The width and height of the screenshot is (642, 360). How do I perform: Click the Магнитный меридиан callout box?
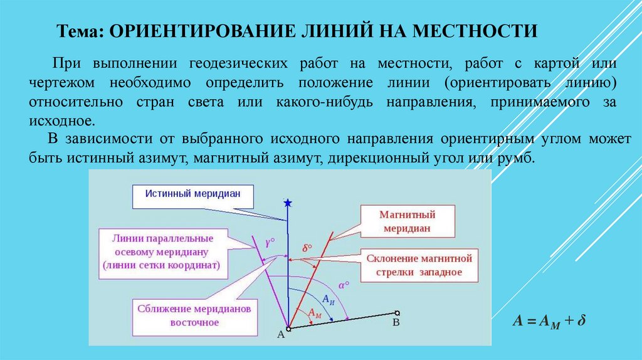pyautogui.click(x=407, y=221)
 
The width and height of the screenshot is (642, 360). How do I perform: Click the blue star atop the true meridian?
pyautogui.click(x=288, y=203)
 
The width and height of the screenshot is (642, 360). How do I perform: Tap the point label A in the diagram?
pyautogui.click(x=280, y=336)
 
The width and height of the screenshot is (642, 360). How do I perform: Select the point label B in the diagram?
pyautogui.click(x=395, y=322)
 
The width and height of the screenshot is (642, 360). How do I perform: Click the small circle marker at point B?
pyautogui.click(x=397, y=312)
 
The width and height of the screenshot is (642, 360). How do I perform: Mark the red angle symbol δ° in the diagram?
pyautogui.click(x=307, y=248)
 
